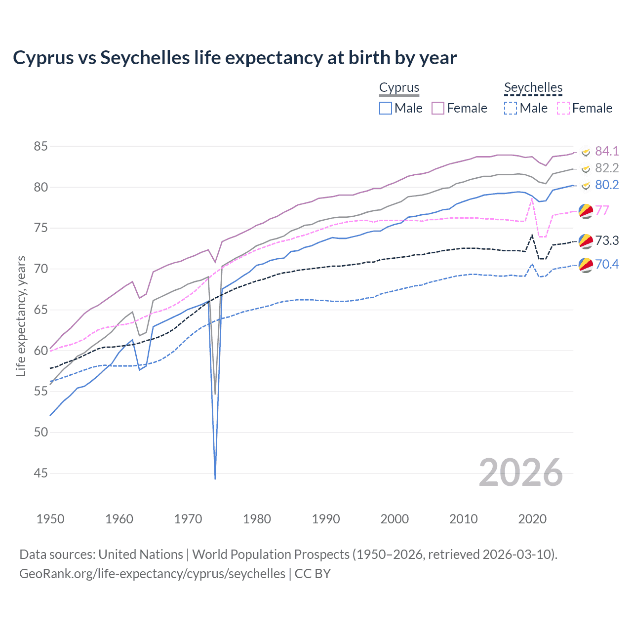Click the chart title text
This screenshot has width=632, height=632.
coord(235,58)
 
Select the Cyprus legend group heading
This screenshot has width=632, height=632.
coord(399,88)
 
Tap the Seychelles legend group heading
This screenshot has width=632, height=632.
coord(533,88)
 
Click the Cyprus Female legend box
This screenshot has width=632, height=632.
coord(438,108)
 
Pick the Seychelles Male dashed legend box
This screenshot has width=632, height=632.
coord(511,108)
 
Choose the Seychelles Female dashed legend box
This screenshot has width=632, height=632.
coord(563,108)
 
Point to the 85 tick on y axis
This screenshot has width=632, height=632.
coord(40,147)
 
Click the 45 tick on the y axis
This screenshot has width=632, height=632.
coord(40,473)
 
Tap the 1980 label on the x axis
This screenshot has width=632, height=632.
coord(257,519)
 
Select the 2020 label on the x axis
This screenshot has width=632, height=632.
coord(532,519)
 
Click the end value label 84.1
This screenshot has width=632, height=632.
coord(607,151)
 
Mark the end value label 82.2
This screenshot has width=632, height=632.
coord(607,168)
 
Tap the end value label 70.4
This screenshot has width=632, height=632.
coord(607,264)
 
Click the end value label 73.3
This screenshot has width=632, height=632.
coord(607,240)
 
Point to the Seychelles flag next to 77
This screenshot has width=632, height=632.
coord(586,211)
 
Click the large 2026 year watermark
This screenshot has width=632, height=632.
coord(521,473)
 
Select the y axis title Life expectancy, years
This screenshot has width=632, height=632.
coord(21,316)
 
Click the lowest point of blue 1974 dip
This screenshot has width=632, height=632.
coord(215,478)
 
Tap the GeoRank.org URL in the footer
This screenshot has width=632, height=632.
coord(152,574)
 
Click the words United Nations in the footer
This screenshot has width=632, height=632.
coord(141,554)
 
